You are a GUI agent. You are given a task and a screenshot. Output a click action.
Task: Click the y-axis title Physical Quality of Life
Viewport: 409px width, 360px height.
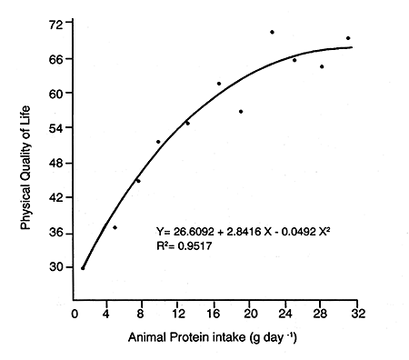[x=28, y=154]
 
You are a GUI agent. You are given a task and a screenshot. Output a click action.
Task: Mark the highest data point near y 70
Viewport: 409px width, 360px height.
[x=272, y=32]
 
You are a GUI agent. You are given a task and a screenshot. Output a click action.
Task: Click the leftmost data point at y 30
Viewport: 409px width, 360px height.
[x=83, y=268]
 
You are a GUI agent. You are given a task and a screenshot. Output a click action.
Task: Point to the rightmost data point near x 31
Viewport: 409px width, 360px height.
[x=348, y=38]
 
